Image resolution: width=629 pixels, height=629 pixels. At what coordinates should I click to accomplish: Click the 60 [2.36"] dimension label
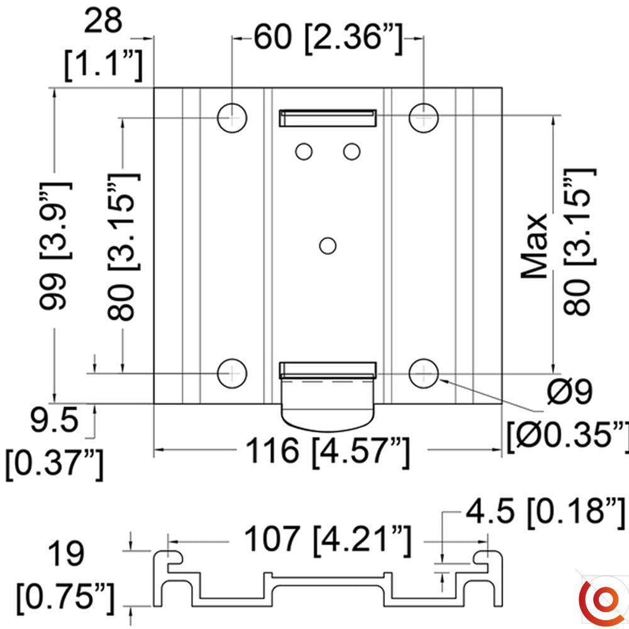click(x=327, y=38)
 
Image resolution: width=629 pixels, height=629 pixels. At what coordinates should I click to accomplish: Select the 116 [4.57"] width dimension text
click(x=327, y=451)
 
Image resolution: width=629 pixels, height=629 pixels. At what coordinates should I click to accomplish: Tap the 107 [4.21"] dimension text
click(x=327, y=540)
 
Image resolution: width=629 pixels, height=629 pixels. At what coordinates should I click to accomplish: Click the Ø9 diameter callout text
click(x=569, y=394)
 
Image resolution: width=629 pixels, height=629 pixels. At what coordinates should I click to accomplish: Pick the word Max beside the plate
click(x=537, y=246)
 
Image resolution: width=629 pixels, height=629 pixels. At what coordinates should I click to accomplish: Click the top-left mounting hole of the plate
click(x=232, y=116)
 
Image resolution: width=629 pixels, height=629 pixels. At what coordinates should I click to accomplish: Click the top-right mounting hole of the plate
click(x=424, y=116)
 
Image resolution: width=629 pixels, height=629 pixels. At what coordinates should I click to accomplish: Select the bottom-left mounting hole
click(x=232, y=374)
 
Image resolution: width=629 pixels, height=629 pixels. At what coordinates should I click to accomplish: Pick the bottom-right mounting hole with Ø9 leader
click(x=424, y=374)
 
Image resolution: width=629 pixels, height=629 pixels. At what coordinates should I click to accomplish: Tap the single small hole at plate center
click(x=327, y=245)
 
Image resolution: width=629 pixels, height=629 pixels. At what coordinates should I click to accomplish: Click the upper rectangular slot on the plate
click(x=328, y=118)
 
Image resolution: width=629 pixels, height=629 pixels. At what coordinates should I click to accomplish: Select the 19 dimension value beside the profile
click(x=65, y=554)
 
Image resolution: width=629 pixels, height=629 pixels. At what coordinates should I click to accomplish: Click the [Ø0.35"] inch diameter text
click(x=568, y=434)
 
